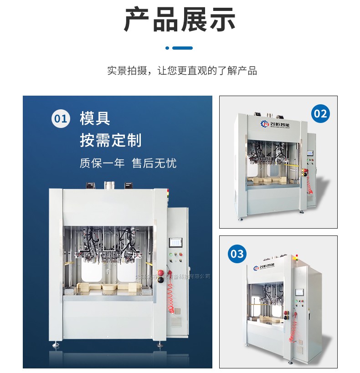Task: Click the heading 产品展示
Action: (180, 20)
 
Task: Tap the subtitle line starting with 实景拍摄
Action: (182, 71)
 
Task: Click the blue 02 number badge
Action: (321, 113)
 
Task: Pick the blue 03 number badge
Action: (237, 253)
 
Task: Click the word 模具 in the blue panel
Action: (95, 119)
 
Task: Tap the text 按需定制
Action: (110, 140)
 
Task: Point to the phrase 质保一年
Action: (102, 163)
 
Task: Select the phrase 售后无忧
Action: (154, 163)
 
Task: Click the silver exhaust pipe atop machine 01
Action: (109, 185)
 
